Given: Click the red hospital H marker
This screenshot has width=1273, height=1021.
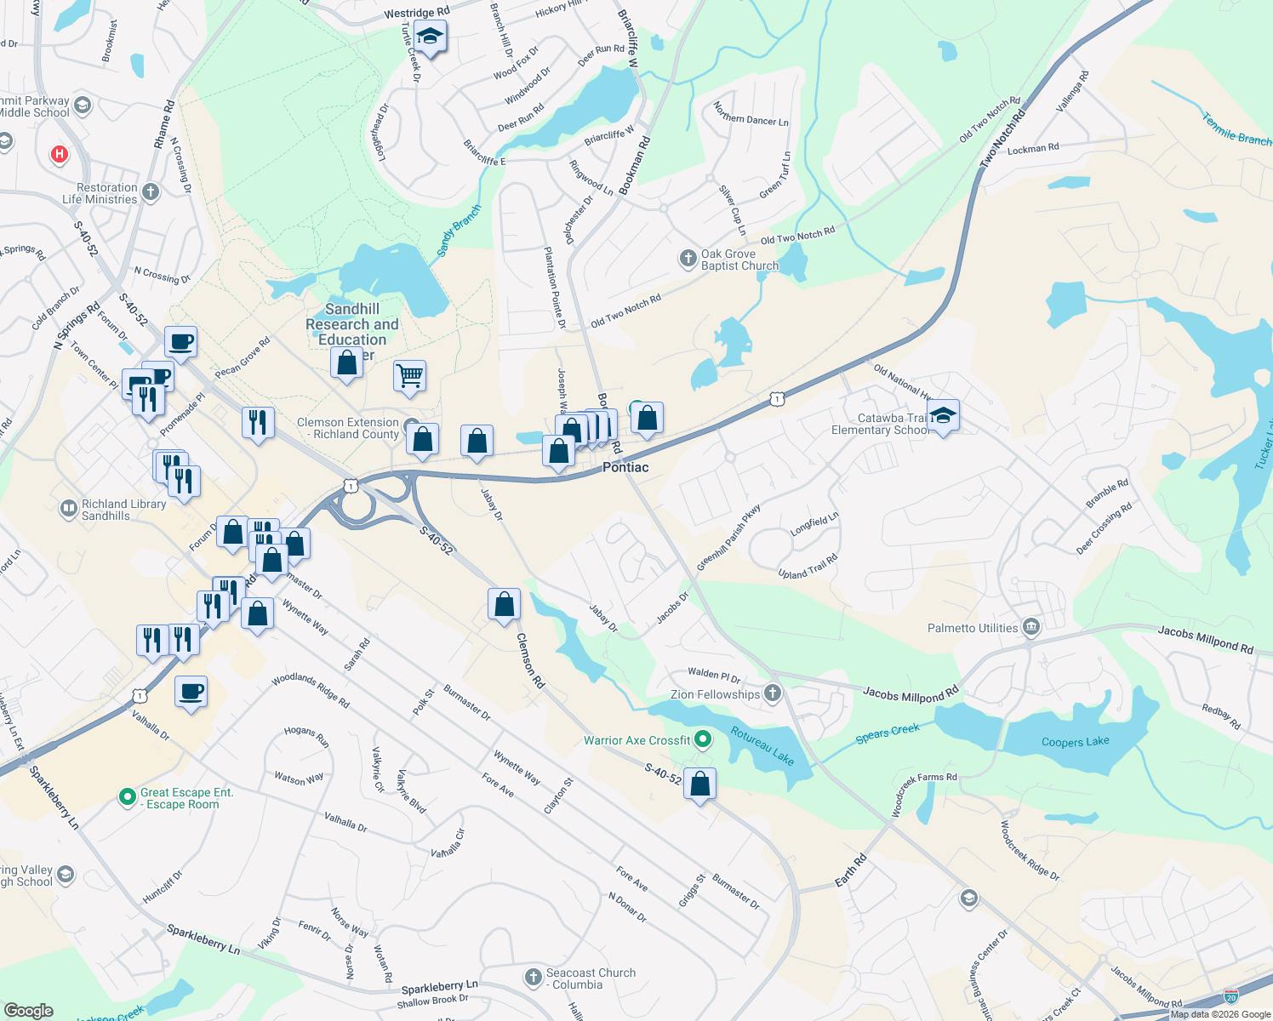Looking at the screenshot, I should click(x=60, y=154).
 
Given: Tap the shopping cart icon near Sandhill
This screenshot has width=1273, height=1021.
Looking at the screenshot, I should click(x=409, y=375).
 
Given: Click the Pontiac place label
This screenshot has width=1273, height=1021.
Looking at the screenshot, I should click(x=625, y=467).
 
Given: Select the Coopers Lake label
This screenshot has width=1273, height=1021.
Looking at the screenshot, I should click(x=1075, y=742).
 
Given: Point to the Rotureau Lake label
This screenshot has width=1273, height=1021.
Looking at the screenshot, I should click(x=762, y=746).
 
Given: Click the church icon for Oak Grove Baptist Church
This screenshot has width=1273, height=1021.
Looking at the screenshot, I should click(x=688, y=259).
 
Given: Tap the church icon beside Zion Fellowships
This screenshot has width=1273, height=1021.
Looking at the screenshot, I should click(x=772, y=693).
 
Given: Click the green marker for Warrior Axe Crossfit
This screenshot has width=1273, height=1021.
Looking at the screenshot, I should click(x=703, y=739).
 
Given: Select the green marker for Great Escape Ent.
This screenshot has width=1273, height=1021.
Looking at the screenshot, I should click(x=127, y=797).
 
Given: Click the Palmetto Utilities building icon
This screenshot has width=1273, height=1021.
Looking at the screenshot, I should click(x=1031, y=628).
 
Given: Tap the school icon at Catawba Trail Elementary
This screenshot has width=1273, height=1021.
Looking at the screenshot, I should click(x=943, y=416).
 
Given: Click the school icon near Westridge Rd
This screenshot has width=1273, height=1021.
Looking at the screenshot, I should click(x=431, y=37).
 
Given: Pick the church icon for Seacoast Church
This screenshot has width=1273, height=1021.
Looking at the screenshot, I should click(x=534, y=978).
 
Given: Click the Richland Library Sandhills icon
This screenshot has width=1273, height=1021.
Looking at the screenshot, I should click(x=68, y=509).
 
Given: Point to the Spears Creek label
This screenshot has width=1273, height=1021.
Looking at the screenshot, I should click(x=888, y=733).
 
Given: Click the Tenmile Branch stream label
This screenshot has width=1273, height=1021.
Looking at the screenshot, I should click(x=1236, y=129).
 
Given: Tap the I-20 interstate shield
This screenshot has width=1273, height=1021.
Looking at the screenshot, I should click(x=1230, y=995).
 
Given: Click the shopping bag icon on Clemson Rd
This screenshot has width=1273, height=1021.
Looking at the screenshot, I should click(x=504, y=604).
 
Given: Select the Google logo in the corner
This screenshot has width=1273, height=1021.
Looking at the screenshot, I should click(x=29, y=1011).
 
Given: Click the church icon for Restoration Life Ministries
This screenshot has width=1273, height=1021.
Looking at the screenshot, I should click(x=151, y=192).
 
